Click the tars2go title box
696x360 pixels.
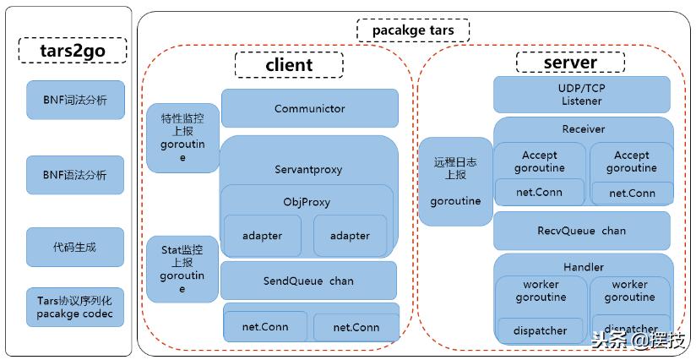pos(72,50)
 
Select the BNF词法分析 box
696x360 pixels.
pos(75,101)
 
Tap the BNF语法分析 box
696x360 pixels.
pos(75,176)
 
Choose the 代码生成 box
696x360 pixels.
pos(75,248)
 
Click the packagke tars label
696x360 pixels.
pos(411,30)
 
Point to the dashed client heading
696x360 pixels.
pos(289,65)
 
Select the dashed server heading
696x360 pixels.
pos(570,63)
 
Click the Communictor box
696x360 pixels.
pos(309,108)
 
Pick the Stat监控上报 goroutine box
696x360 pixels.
pos(182,269)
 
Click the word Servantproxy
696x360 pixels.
pos(308,169)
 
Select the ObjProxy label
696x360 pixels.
pos(307,202)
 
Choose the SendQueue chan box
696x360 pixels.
pos(308,281)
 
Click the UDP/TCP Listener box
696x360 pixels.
pos(581,95)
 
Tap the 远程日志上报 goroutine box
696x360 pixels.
pos(455,181)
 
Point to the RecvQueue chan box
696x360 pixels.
pos(581,231)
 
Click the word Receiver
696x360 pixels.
pos(583,129)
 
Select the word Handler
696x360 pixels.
pos(583,267)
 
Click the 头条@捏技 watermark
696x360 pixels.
pos(639,341)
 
